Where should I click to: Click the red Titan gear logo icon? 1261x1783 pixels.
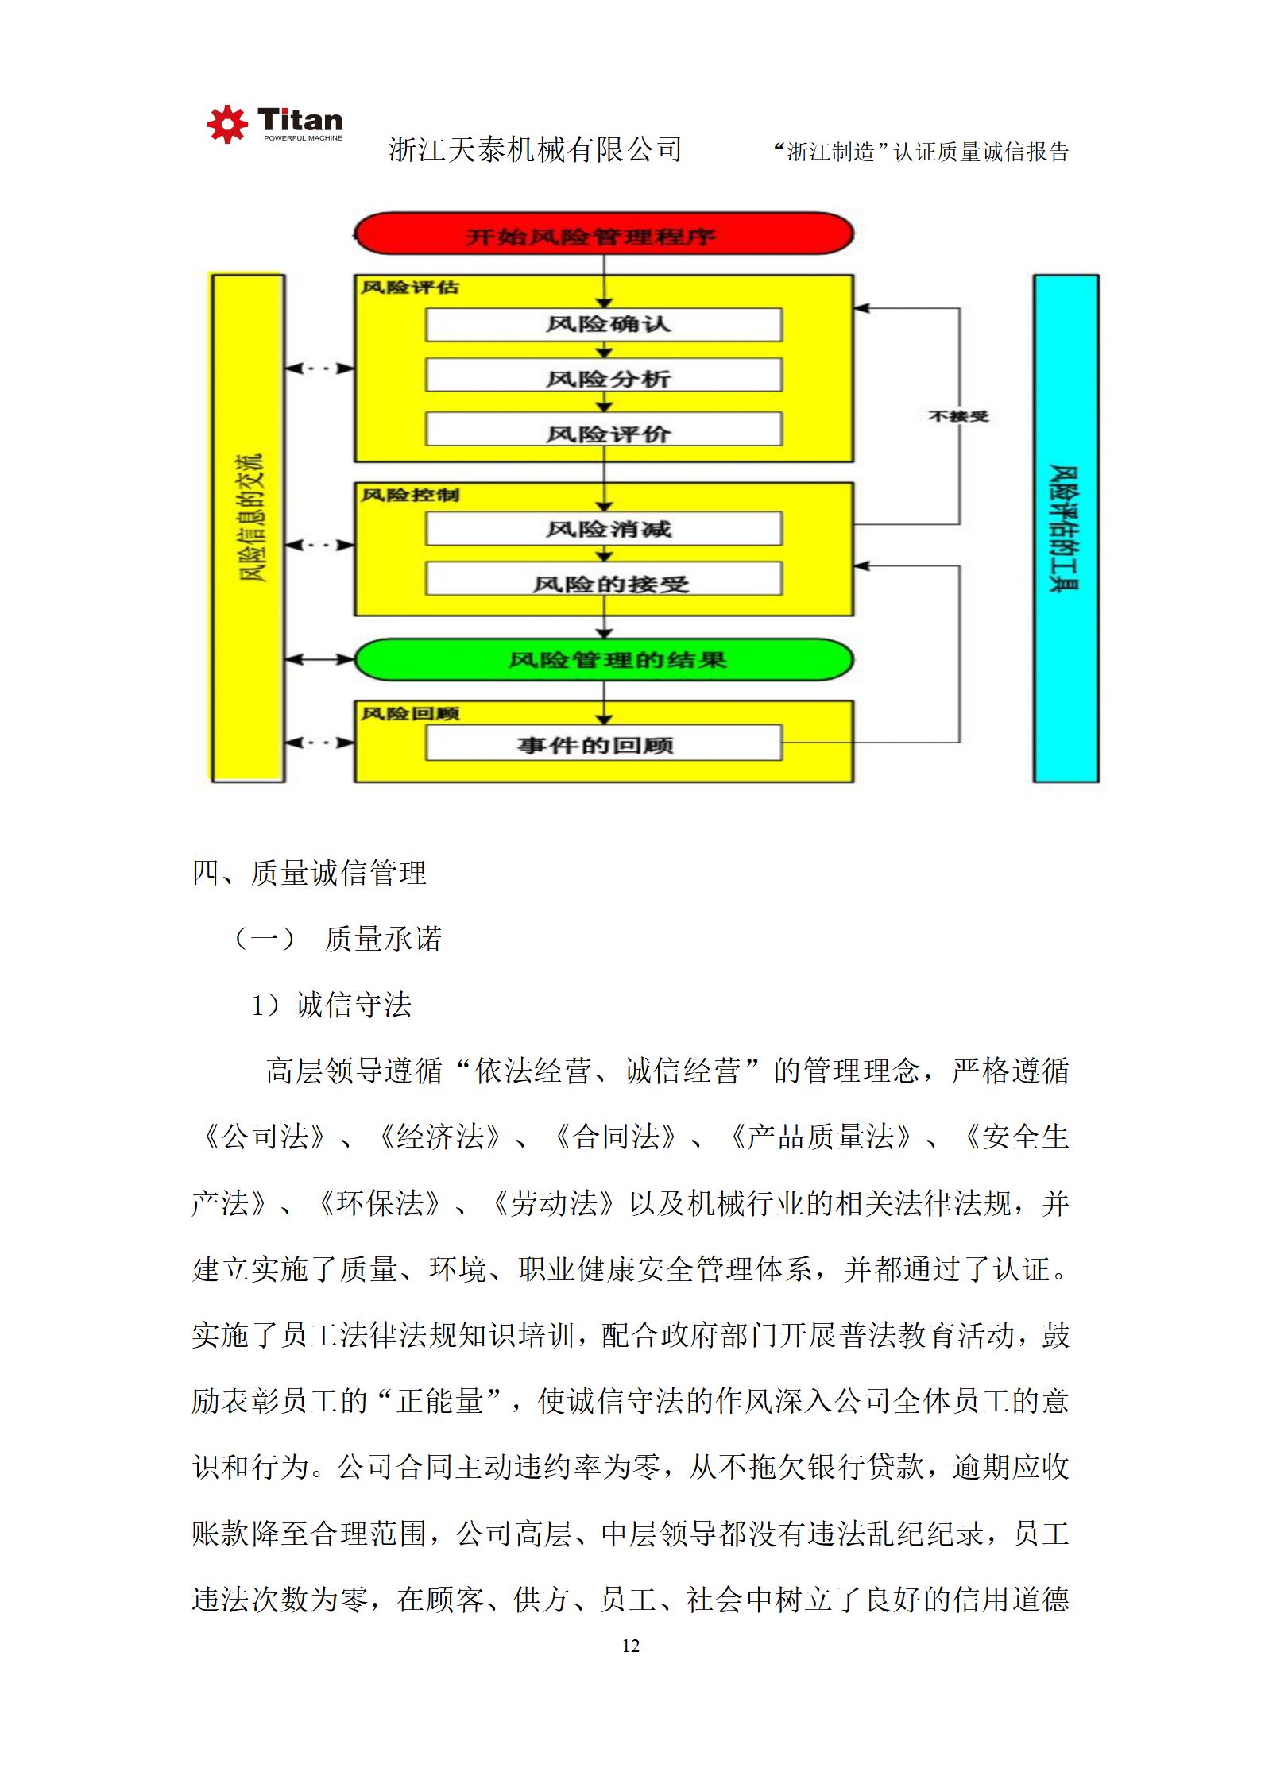tap(227, 124)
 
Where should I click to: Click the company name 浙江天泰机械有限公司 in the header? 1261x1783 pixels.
tap(535, 149)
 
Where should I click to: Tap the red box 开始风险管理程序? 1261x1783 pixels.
tap(604, 234)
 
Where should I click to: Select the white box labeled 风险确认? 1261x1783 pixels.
tap(604, 325)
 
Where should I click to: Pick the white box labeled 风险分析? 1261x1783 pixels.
tap(604, 376)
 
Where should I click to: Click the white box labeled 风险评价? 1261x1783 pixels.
tap(604, 431)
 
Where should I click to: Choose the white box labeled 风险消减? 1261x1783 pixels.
tap(604, 529)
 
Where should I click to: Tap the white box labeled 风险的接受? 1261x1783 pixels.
tap(604, 581)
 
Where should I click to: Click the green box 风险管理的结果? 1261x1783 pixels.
tap(604, 659)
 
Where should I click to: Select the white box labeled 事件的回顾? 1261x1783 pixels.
tap(604, 744)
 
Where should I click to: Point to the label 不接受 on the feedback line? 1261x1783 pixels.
tap(958, 416)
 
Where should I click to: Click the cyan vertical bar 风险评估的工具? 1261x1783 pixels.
tap(1066, 528)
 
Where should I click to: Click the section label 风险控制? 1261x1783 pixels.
tap(410, 495)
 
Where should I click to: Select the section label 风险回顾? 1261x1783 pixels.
tap(410, 713)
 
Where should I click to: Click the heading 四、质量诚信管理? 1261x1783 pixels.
tap(309, 873)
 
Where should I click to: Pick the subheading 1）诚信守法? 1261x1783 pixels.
tap(331, 1005)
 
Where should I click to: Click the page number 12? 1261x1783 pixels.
tap(631, 1646)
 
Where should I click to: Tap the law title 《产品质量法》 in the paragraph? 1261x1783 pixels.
tap(820, 1137)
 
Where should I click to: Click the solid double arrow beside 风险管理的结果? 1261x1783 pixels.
tap(319, 659)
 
